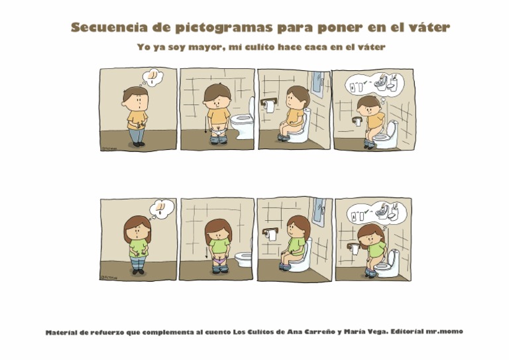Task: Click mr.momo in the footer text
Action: tap(445, 331)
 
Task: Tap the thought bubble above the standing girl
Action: tap(162, 208)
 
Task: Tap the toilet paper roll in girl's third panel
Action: tap(269, 233)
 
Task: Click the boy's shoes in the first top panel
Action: tap(138, 144)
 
